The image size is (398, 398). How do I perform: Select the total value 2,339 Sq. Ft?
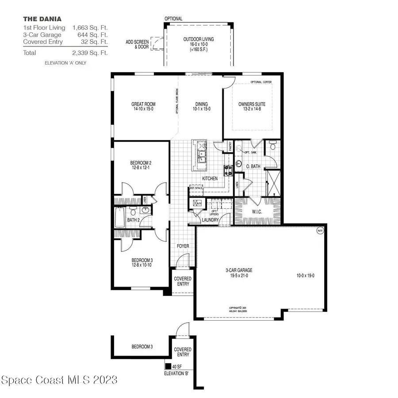point(90,53)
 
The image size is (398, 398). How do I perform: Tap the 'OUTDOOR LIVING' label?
point(199,39)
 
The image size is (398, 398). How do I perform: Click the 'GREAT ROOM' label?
point(143,104)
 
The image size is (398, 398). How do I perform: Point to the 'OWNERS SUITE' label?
point(252,104)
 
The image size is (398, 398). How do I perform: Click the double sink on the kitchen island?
point(202,156)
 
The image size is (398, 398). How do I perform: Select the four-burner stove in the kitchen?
point(229,170)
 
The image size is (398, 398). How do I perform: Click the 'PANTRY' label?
point(230,146)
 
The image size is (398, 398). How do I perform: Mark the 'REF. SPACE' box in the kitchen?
point(195,188)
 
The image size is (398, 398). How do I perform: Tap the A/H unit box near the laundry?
point(195,203)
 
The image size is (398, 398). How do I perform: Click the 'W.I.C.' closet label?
point(257,212)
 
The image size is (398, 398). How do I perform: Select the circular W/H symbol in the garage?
point(320,230)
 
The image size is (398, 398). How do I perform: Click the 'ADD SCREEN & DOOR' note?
point(137,44)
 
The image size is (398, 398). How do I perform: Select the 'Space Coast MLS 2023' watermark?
point(59,380)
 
